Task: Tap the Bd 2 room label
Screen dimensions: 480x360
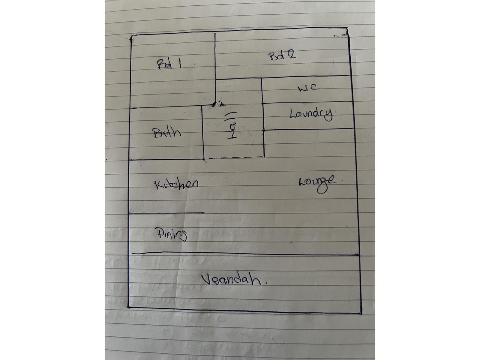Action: (x=282, y=56)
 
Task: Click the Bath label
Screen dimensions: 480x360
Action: (x=167, y=133)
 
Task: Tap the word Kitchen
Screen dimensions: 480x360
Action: (x=176, y=184)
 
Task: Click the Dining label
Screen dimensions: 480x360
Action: (x=171, y=234)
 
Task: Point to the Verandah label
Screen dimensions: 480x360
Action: (x=235, y=280)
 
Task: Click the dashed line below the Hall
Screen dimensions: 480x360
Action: (x=236, y=157)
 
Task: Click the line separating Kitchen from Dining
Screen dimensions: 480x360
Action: (x=166, y=213)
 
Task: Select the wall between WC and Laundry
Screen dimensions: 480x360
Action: (x=307, y=102)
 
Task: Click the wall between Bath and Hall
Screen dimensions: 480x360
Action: (x=203, y=133)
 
